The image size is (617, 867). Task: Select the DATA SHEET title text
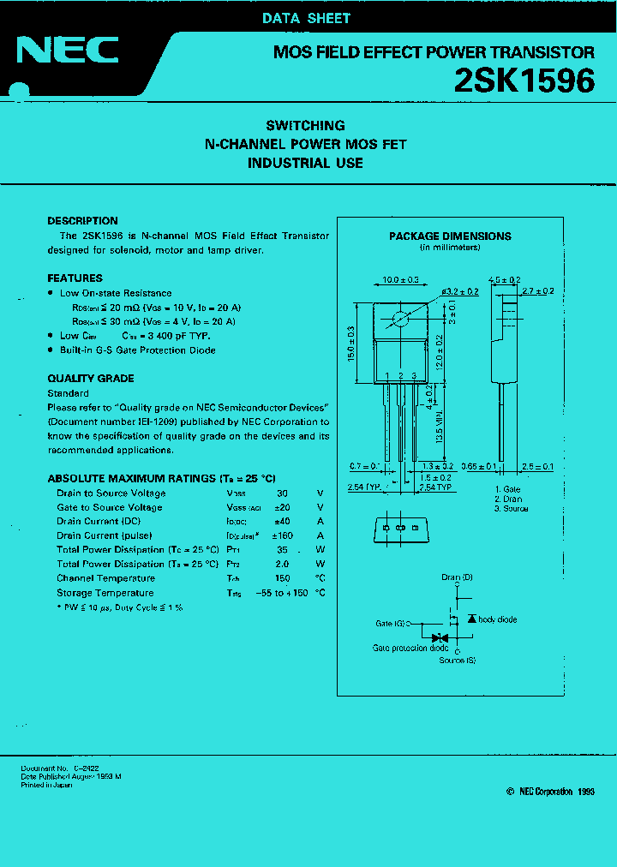click(306, 18)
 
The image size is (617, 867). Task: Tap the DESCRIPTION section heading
click(82, 221)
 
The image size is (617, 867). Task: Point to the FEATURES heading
click(75, 278)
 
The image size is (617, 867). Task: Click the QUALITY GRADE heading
click(90, 379)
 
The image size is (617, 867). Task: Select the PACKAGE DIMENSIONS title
click(450, 236)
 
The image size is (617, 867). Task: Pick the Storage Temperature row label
click(105, 593)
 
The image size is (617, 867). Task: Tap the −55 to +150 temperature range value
click(282, 593)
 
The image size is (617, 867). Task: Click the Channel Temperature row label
click(105, 578)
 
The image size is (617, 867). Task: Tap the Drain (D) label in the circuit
click(457, 578)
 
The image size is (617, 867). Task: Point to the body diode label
click(497, 619)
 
